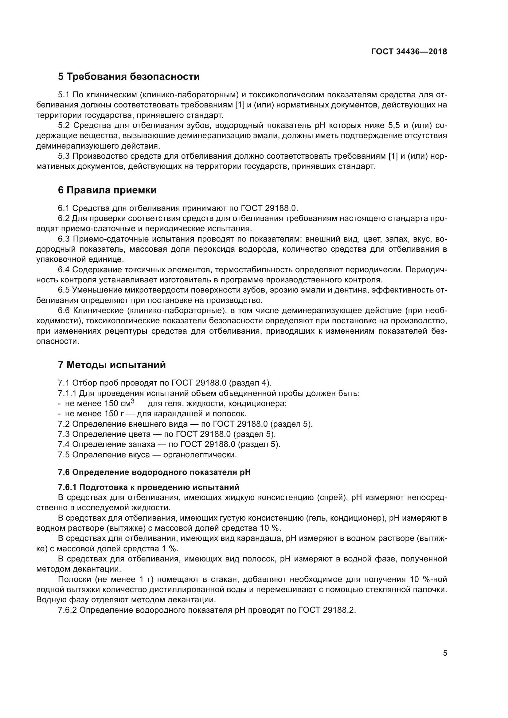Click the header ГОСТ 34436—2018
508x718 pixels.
click(409, 52)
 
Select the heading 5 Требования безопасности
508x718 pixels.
click(129, 77)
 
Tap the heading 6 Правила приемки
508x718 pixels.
click(107, 190)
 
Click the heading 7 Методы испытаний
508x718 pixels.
click(112, 365)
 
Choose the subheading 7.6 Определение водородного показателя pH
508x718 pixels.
click(154, 472)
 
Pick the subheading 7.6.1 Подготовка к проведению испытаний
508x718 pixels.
click(149, 487)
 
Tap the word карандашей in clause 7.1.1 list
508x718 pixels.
click(181, 414)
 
